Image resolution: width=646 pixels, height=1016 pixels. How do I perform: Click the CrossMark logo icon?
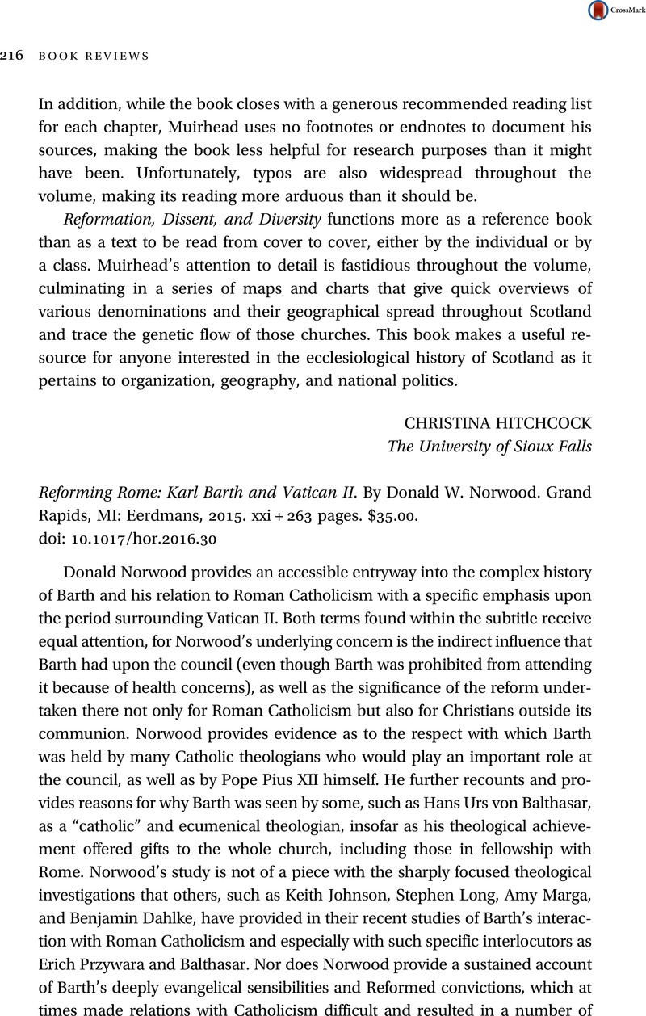(599, 10)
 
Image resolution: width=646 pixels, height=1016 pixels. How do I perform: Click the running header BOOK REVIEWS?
(94, 56)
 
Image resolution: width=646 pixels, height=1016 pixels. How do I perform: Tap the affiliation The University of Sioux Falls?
(490, 446)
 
